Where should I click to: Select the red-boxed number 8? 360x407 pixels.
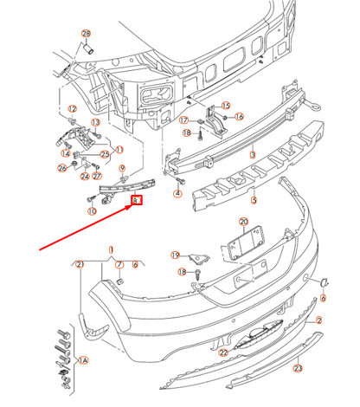[x=136, y=201]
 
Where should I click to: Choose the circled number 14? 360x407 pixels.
[x=66, y=152]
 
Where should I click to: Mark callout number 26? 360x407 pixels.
[x=61, y=168]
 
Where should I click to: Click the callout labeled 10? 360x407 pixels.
[x=92, y=210]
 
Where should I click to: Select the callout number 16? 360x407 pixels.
[x=239, y=116]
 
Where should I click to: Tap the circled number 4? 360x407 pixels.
[x=177, y=194]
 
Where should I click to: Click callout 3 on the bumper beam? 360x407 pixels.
[x=253, y=154]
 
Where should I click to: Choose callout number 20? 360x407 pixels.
[x=243, y=223]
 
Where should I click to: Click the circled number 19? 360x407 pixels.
[x=174, y=255]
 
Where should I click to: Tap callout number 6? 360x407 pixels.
[x=323, y=299]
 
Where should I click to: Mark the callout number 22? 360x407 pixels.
[x=222, y=352]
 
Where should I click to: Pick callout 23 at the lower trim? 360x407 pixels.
[x=298, y=368]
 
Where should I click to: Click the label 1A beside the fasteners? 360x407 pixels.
[x=84, y=359]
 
